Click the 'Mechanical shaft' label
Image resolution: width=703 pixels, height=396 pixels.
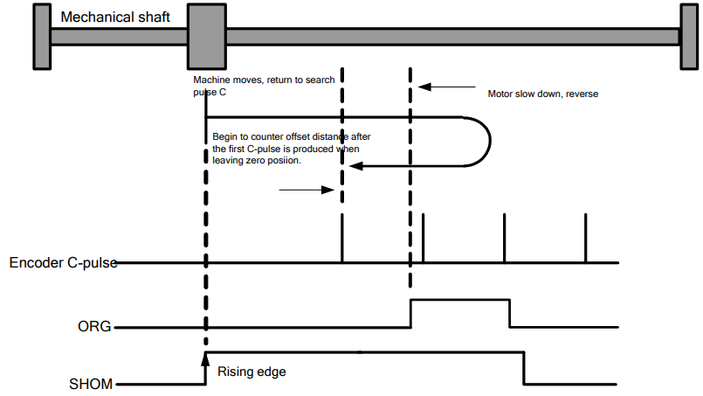(115, 17)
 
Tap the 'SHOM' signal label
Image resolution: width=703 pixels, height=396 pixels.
(91, 384)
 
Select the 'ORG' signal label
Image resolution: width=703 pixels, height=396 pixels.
(94, 326)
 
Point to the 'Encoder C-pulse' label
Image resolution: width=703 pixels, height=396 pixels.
(63, 262)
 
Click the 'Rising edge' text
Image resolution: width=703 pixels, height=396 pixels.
(252, 372)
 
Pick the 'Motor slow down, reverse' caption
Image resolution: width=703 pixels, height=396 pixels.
(543, 94)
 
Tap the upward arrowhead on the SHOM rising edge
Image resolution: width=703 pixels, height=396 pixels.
(205, 359)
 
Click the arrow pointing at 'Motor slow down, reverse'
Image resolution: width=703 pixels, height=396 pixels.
(446, 87)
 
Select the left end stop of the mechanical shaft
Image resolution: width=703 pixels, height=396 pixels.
(42, 37)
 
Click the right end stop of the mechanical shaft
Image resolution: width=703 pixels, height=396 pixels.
(689, 37)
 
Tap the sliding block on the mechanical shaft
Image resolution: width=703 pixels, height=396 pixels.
(207, 37)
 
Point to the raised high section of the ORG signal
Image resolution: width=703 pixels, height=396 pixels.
(460, 300)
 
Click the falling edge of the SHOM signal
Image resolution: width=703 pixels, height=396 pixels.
(524, 368)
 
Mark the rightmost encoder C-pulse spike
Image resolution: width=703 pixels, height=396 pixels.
(585, 238)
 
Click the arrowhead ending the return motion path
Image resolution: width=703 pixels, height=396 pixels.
(355, 166)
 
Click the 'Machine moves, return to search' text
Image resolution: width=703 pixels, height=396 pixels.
(264, 80)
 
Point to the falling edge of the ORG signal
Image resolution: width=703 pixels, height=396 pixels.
(510, 313)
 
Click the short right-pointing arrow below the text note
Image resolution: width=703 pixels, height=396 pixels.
(307, 190)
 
